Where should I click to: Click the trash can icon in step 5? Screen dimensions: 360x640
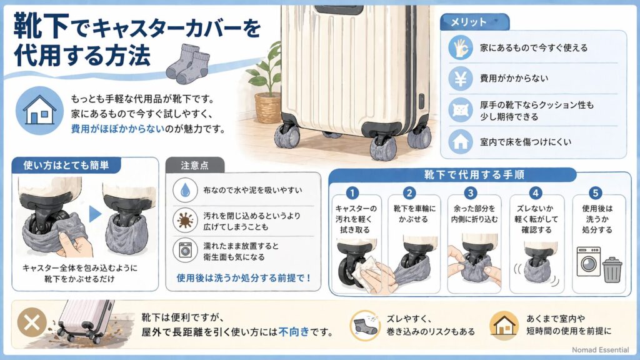coord(612,269)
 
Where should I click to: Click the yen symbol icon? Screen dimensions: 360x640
coord(461,78)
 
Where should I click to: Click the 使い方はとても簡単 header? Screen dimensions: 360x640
coord(66,166)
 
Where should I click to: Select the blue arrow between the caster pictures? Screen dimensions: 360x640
coord(95,214)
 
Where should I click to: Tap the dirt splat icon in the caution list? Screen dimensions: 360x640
coord(184,219)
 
